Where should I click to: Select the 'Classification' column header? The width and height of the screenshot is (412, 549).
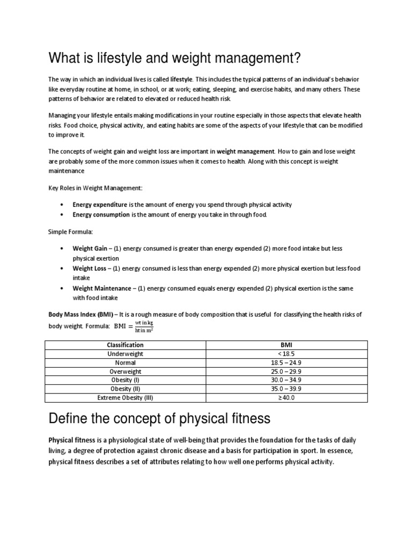click(x=125, y=345)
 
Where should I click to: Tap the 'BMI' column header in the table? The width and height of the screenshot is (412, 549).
click(x=285, y=345)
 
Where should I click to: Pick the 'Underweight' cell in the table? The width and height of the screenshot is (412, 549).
click(x=125, y=354)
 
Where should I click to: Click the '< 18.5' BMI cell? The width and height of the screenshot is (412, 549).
click(x=285, y=354)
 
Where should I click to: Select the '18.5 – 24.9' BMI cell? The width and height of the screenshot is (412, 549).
click(x=285, y=363)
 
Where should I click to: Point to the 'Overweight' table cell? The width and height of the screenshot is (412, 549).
click(x=125, y=372)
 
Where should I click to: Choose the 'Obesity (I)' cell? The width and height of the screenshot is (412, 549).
click(x=125, y=380)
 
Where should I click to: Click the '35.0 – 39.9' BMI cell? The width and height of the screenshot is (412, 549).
click(x=285, y=389)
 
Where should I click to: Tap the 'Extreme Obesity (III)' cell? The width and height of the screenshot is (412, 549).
click(x=125, y=398)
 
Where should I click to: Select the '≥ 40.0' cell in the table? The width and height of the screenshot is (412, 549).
click(x=285, y=398)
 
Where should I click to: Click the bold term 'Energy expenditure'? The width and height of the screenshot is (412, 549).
click(x=100, y=205)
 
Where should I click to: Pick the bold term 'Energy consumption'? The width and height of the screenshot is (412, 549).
click(x=101, y=214)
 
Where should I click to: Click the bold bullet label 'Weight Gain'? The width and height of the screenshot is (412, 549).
click(x=90, y=249)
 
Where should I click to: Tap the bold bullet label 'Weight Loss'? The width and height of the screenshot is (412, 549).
click(x=90, y=269)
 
